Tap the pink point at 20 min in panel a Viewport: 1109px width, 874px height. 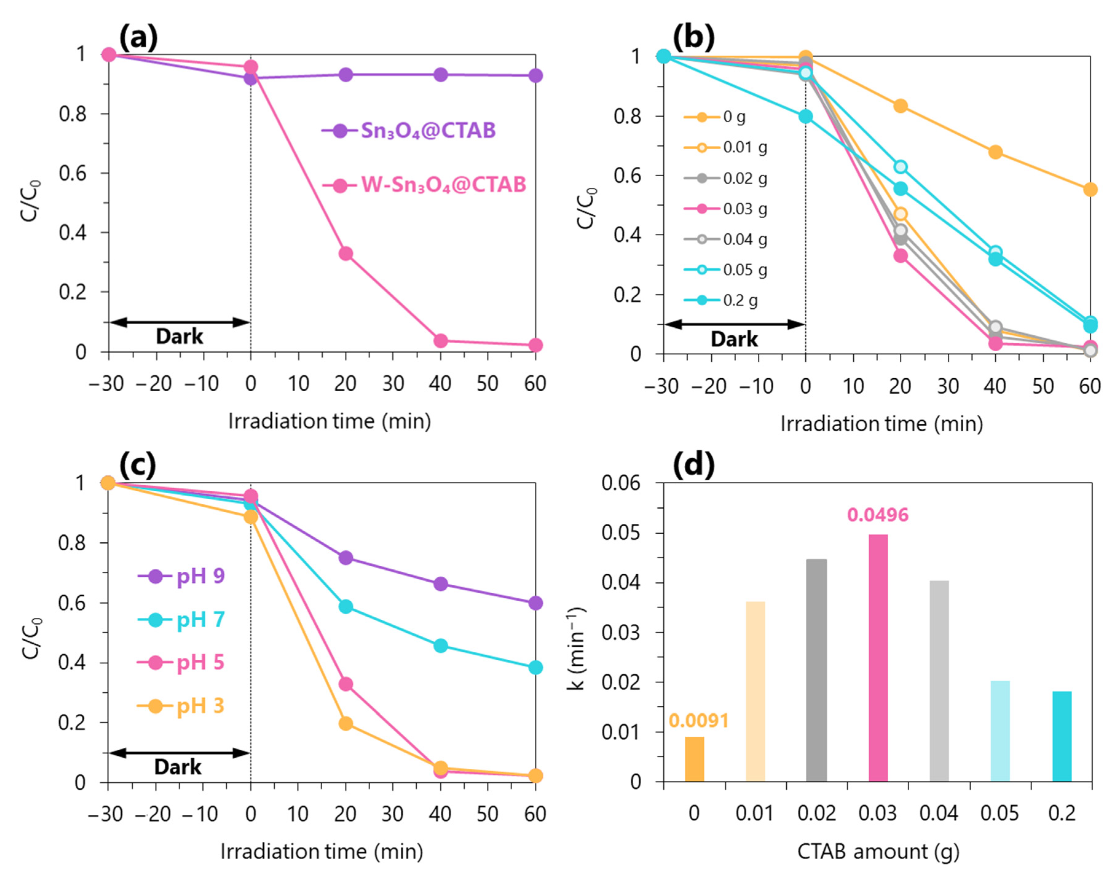[346, 253]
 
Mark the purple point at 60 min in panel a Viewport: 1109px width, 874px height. [535, 76]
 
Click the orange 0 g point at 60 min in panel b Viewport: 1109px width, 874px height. [1090, 189]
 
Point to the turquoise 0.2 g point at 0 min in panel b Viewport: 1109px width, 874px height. [805, 116]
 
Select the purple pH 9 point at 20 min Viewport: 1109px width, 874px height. [346, 558]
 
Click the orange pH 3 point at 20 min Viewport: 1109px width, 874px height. [346, 724]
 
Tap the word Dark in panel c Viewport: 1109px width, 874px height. [178, 767]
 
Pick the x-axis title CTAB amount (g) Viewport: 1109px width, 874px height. [878, 852]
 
